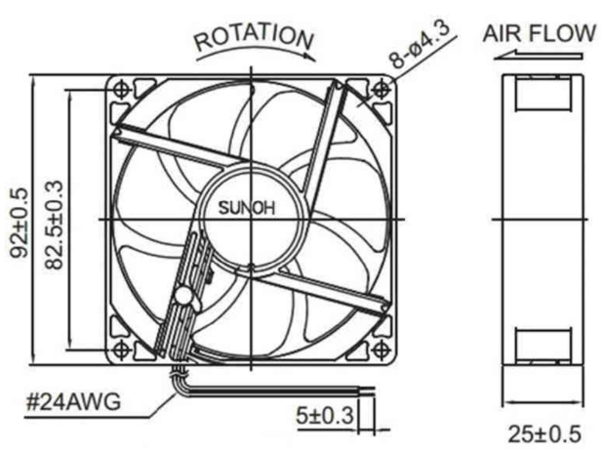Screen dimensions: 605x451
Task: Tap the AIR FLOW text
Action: point(540,33)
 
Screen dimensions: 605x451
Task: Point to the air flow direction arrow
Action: point(538,56)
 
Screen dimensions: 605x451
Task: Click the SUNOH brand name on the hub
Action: point(247,208)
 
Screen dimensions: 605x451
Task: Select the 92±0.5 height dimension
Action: point(20,223)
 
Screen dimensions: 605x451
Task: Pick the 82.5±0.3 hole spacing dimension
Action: point(54,225)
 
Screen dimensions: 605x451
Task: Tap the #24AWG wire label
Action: point(73,402)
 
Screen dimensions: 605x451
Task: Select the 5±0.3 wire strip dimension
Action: point(325,416)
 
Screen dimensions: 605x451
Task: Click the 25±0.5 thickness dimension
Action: point(544,433)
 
